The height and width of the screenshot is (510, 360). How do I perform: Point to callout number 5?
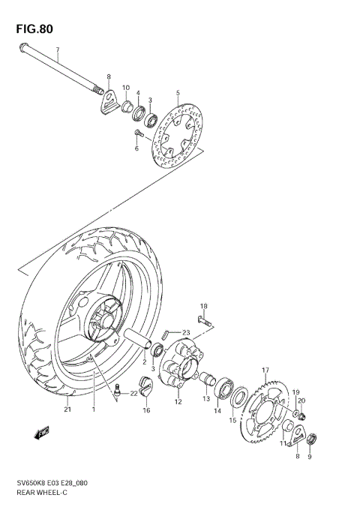tap(178, 94)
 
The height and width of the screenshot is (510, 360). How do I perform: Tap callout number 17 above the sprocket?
tap(265, 370)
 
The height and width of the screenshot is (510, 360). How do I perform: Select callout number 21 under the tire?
tap(67, 409)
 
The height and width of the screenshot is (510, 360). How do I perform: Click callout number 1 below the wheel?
tap(94, 409)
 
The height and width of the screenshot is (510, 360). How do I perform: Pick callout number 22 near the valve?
tap(134, 394)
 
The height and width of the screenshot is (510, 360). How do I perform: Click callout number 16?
tap(147, 410)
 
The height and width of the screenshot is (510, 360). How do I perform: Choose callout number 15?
tap(232, 421)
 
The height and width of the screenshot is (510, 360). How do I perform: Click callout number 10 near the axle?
tap(125, 88)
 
